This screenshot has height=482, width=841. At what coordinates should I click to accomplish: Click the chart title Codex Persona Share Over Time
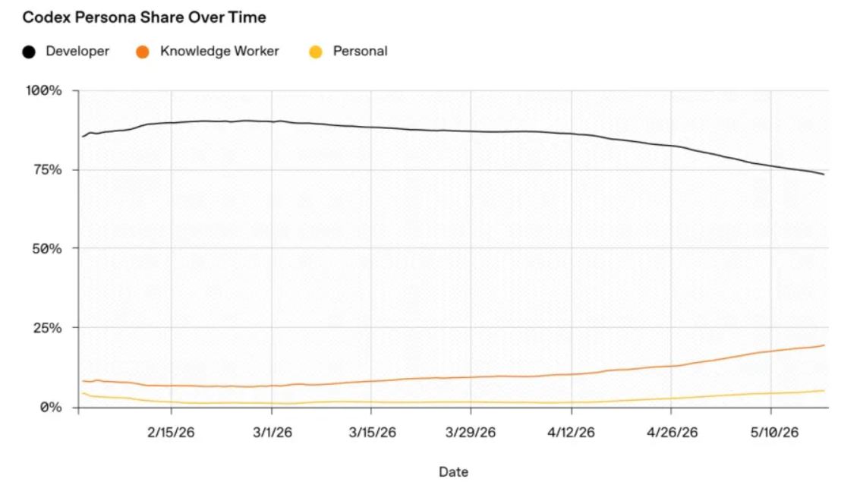coord(144,17)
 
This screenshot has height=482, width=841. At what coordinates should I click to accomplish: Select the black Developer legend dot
coord(29,52)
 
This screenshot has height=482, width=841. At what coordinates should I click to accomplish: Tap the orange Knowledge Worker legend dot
coord(143,52)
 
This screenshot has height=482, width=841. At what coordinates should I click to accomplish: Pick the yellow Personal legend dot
coord(316,52)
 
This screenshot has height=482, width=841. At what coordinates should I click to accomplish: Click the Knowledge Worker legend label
coord(219,51)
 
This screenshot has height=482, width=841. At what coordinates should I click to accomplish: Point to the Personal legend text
coord(360,51)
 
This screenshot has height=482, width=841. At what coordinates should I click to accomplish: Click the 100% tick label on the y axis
coord(44,90)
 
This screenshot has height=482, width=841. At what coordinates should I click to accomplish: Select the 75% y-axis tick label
coord(48,170)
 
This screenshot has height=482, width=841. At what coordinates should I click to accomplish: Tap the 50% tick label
coord(48,249)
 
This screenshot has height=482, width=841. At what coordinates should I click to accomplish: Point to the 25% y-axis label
coord(48,328)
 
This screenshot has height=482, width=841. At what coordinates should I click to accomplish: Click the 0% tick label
coord(51,408)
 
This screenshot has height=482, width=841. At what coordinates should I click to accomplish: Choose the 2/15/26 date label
coord(171,432)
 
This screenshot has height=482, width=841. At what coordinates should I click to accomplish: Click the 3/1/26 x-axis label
coord(272,432)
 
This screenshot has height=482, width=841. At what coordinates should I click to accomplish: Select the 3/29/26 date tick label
coord(471,432)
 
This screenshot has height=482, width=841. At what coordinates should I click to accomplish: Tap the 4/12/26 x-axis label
coord(572,432)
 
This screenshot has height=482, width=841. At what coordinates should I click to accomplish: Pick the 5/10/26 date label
coord(774,432)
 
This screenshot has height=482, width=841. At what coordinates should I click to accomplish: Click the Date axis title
coord(454,472)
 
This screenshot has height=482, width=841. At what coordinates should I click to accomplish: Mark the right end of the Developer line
coord(824,175)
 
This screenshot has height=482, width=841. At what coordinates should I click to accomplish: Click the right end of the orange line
coord(824,345)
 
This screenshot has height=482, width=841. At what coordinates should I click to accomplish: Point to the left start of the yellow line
coord(82,393)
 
